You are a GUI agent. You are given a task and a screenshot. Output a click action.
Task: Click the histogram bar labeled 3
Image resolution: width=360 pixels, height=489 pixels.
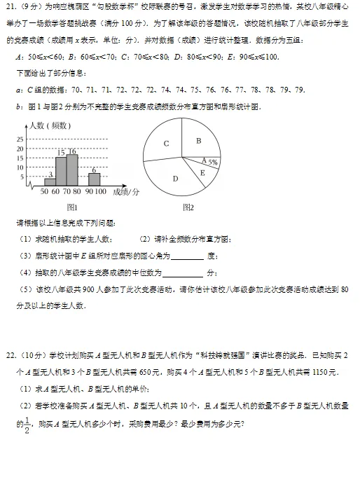click(50, 181)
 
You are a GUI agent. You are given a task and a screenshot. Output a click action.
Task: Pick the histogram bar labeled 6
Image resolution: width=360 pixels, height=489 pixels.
click(93, 178)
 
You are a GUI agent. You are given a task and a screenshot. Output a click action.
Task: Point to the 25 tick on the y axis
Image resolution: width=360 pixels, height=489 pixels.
click(19, 139)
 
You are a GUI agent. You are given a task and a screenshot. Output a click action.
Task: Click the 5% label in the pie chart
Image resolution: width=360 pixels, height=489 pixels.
click(212, 162)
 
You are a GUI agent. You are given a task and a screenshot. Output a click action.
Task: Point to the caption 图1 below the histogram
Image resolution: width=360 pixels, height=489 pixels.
click(71, 207)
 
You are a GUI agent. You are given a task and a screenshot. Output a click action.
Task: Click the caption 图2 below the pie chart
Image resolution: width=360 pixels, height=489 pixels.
click(187, 207)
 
